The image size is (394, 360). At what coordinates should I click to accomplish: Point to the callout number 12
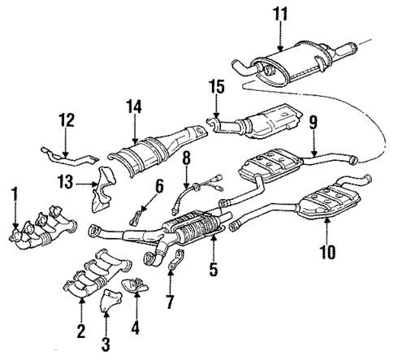click(x=67, y=121)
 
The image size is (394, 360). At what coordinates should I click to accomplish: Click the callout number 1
click(x=14, y=195)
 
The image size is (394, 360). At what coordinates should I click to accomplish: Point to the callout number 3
click(x=105, y=345)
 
